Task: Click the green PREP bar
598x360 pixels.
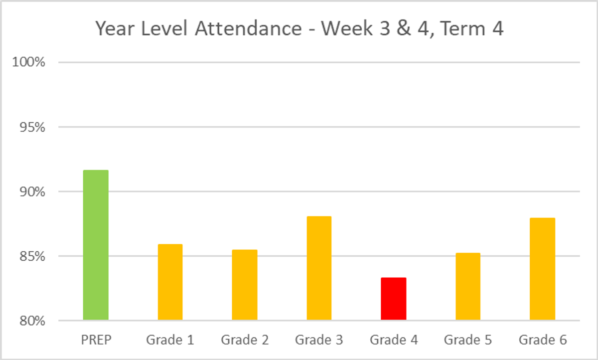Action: [x=96, y=245]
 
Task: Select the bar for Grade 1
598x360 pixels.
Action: [x=170, y=282]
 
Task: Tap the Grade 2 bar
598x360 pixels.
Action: [x=245, y=285]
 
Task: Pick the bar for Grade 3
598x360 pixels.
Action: [x=319, y=268]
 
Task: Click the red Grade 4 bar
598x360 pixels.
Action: [x=394, y=299]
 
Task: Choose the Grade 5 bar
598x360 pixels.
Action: [x=468, y=287]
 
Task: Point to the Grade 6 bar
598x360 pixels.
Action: [x=542, y=269]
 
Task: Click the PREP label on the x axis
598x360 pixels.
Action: [x=96, y=340]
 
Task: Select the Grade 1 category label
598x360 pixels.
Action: [x=170, y=340]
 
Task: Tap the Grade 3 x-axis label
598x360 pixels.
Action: [x=319, y=340]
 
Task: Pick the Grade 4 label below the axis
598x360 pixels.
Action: [x=394, y=340]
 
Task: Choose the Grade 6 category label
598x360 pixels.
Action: [x=542, y=340]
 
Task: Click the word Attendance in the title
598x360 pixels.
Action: [x=248, y=29]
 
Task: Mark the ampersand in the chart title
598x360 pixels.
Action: [x=398, y=29]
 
